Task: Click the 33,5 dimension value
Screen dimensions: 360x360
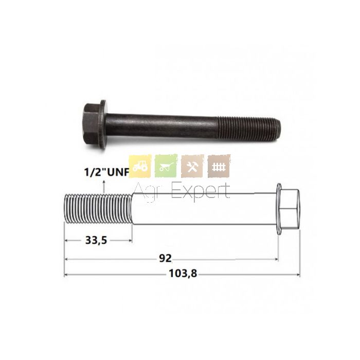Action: tap(96, 240)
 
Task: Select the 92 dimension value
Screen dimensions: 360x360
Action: tap(165, 259)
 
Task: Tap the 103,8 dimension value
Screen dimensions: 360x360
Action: tap(183, 274)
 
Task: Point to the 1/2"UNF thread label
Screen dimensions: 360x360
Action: tap(107, 172)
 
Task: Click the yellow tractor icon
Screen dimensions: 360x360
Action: tap(140, 166)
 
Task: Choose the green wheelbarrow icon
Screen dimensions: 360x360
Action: tap(166, 166)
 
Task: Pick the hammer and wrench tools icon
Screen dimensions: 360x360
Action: tap(192, 166)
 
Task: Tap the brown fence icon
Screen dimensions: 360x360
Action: tap(219, 166)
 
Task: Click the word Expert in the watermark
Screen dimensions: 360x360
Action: tap(201, 192)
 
